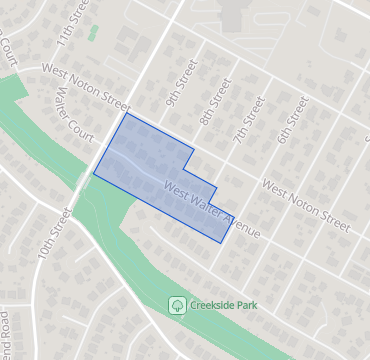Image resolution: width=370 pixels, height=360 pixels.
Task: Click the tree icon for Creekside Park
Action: point(177,303)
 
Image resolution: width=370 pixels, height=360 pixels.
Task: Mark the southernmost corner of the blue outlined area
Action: point(222,243)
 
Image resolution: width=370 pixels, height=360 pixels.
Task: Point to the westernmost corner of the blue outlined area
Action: point(93,174)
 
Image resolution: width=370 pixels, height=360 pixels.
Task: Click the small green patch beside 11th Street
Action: point(93,33)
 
